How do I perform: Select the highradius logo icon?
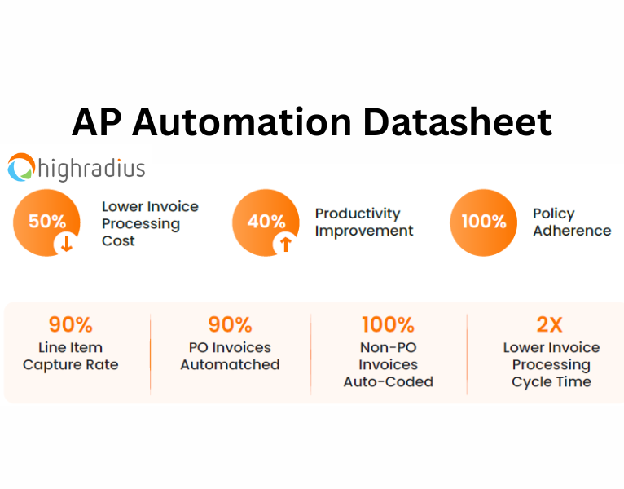coord(22,168)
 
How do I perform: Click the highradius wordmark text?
coord(91,169)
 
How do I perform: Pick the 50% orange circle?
coord(46,222)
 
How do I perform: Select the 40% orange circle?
coord(266,222)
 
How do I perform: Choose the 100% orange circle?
coord(484,222)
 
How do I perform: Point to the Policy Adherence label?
coord(571,222)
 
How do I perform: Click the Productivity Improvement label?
coord(363,222)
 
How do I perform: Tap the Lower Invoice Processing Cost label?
coord(149,223)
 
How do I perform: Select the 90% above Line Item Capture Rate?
coord(70,324)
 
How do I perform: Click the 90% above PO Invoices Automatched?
coord(230,324)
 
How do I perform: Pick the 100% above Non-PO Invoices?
coord(388,324)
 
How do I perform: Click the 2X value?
coord(550,324)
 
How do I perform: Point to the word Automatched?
coord(230,365)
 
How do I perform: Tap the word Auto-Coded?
coord(388,382)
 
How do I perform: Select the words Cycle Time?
coord(551,382)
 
